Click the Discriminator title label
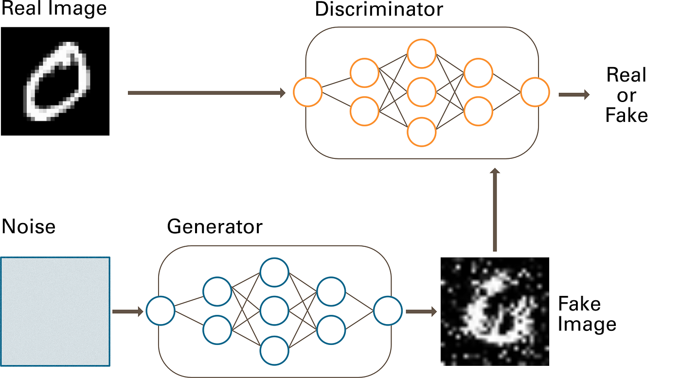click(379, 10)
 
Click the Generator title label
click(215, 226)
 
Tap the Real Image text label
click(54, 9)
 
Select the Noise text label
click(29, 226)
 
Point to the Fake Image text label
click(587, 314)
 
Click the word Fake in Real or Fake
click(627, 116)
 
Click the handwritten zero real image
click(55, 81)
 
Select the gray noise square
click(55, 311)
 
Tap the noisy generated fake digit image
click(495, 311)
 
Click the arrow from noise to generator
click(127, 311)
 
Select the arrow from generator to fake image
click(421, 311)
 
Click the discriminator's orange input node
click(307, 92)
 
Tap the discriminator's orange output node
click(535, 92)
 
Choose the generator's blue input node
click(160, 311)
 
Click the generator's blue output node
click(388, 311)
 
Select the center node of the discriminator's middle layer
click(421, 92)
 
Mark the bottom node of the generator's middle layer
click(274, 350)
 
